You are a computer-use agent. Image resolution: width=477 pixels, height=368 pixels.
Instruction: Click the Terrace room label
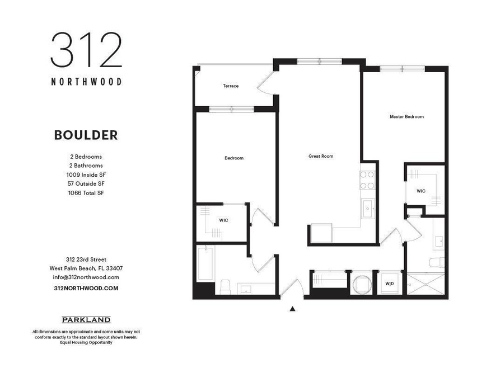point(231,86)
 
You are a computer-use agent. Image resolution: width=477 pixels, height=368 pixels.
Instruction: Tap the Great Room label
point(321,156)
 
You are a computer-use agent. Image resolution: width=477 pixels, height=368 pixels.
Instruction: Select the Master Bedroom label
point(406,117)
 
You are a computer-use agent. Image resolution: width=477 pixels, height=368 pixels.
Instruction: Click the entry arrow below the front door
point(292,308)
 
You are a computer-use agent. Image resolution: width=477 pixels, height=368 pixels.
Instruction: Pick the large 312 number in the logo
point(86,50)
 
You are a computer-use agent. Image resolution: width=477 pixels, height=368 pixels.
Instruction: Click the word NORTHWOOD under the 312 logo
point(86,81)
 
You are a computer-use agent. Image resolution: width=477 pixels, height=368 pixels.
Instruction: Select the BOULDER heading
point(86,135)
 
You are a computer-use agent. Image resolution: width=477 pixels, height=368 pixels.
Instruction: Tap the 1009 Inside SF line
point(86,174)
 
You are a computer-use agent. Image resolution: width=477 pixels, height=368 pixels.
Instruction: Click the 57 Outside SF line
point(86,183)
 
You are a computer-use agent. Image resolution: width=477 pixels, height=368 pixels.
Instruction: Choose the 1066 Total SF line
point(86,193)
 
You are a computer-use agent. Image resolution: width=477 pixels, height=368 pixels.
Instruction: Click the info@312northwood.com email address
point(86,277)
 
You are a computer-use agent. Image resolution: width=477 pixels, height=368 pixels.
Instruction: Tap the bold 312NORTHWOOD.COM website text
point(86,288)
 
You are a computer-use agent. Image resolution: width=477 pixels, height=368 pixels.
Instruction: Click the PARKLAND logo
point(86,320)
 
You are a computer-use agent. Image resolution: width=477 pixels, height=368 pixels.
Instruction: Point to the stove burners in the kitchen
point(367,180)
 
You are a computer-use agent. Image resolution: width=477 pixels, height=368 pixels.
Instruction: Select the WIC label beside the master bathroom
point(421,191)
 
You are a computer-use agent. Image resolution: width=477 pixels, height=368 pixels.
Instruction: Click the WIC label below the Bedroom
point(223,220)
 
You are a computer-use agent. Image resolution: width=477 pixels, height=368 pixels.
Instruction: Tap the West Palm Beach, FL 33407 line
point(86,268)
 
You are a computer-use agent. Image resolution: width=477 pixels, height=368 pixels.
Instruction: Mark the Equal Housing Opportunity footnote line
point(86,342)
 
